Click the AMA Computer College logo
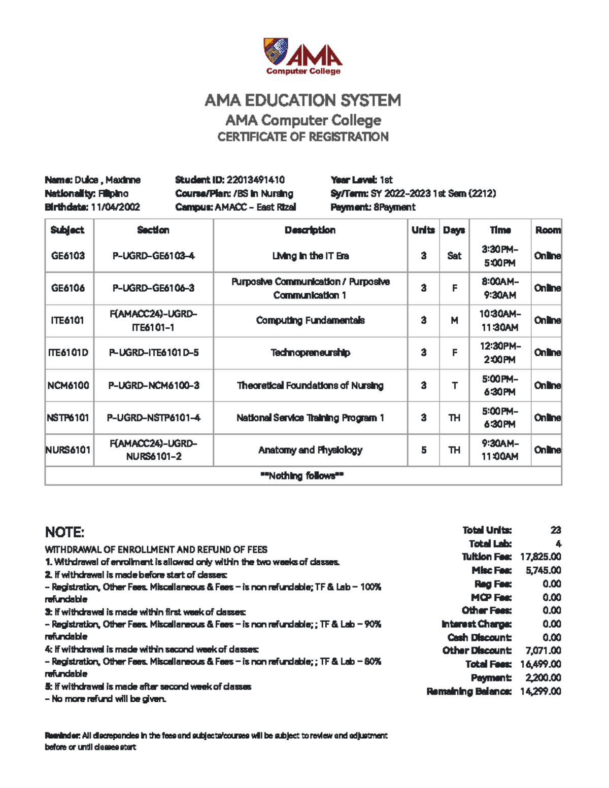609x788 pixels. click(303, 56)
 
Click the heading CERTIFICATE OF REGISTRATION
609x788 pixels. click(303, 137)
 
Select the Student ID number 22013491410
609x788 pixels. click(255, 180)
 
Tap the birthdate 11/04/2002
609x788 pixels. click(115, 207)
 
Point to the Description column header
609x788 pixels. click(310, 230)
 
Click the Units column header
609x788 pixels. click(423, 230)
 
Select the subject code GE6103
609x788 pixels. click(68, 256)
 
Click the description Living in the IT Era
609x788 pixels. click(310, 256)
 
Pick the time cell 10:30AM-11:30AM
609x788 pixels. click(500, 320)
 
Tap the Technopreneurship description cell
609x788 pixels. click(310, 353)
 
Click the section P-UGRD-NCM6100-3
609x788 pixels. click(153, 385)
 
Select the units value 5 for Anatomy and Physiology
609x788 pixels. click(423, 450)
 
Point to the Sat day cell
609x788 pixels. click(454, 256)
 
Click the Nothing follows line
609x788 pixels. click(302, 476)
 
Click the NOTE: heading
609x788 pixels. click(64, 532)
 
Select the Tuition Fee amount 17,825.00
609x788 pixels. click(540, 557)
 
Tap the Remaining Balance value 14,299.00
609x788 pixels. click(540, 691)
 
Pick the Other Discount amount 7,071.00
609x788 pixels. click(543, 650)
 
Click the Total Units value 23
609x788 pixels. click(556, 530)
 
